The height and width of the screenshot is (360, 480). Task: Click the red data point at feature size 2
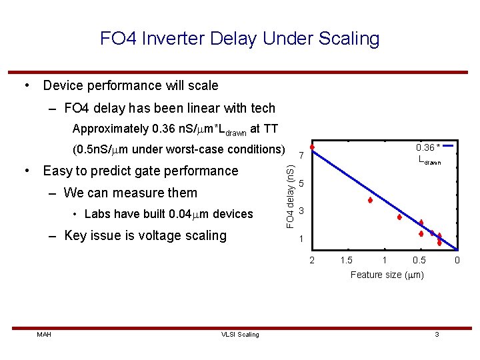click(x=311, y=147)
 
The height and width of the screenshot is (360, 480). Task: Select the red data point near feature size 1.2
click(x=369, y=200)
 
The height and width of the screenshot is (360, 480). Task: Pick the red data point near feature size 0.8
click(x=399, y=217)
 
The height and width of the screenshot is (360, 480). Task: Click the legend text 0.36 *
click(x=427, y=147)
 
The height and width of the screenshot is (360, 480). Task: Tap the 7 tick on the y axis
click(x=301, y=156)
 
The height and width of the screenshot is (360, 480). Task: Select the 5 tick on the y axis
click(x=301, y=183)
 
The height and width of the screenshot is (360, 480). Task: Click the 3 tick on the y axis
click(x=301, y=211)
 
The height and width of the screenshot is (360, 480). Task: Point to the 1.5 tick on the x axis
click(x=347, y=259)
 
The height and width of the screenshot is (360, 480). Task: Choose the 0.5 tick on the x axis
click(x=419, y=259)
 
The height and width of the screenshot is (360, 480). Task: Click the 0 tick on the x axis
click(x=457, y=259)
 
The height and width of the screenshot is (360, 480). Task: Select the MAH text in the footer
click(x=45, y=334)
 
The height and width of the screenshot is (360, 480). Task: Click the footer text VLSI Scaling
click(x=240, y=334)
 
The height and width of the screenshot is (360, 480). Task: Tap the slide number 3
click(x=437, y=334)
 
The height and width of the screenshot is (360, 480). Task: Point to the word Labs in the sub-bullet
click(x=97, y=214)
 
